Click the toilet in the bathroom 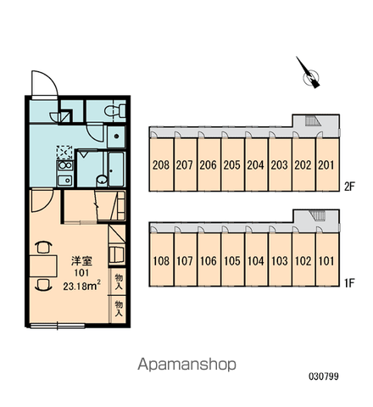tap(115, 110)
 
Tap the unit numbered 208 tap(161, 164)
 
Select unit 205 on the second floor tap(232, 164)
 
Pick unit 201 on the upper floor tap(327, 164)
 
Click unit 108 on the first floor tap(161, 260)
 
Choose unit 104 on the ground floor tap(256, 260)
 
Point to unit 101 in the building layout tap(327, 260)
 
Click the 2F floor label tap(349, 187)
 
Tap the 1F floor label tap(349, 282)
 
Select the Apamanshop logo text tap(186, 365)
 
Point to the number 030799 tap(324, 376)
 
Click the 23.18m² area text tap(82, 286)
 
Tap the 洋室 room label tap(81, 260)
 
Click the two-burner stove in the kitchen tap(65, 165)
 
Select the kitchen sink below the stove tap(65, 180)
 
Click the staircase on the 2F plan tap(313, 121)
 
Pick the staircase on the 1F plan tap(317, 215)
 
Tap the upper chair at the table tap(44, 247)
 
